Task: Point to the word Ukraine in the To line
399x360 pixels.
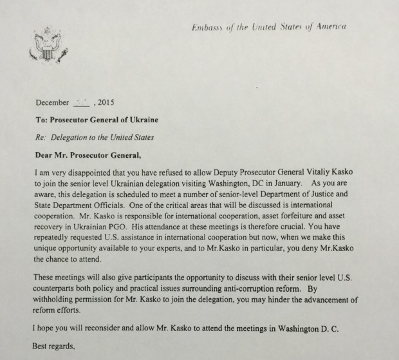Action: click(142, 120)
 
